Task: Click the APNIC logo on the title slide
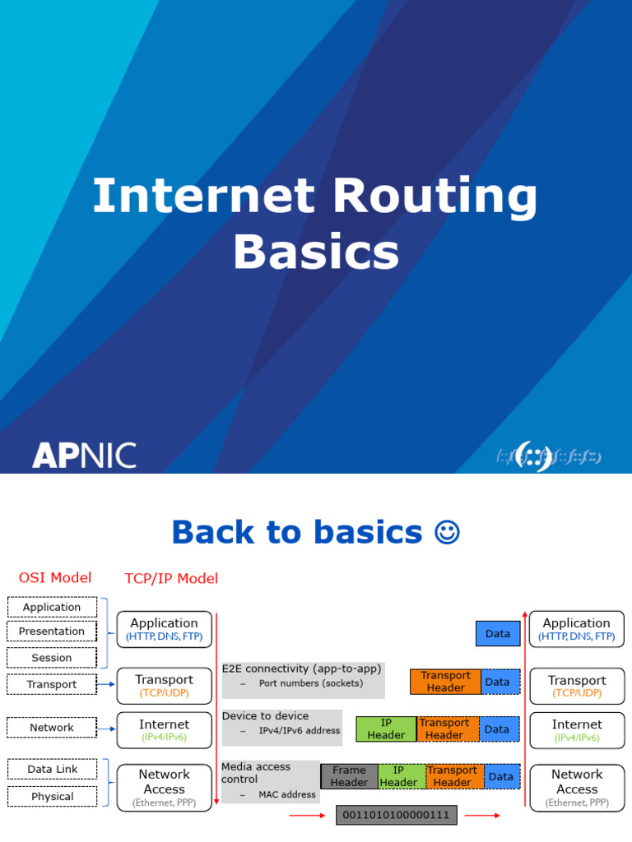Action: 84,455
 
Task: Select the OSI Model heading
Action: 55,577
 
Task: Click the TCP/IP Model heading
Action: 171,578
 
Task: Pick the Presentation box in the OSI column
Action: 52,631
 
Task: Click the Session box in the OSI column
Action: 52,658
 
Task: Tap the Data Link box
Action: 52,770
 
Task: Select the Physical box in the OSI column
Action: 52,796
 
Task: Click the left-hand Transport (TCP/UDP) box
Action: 165,686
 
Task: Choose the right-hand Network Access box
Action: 577,788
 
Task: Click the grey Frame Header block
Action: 349,776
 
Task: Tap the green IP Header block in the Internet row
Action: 386,729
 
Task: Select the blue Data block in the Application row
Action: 498,634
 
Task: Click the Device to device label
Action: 265,716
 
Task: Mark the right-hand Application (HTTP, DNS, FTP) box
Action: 577,629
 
